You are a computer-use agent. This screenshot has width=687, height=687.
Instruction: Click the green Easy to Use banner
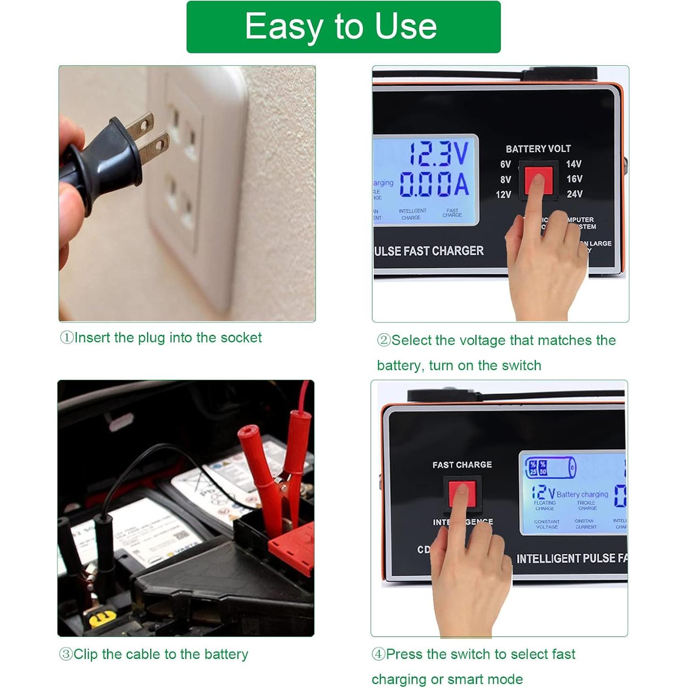click(x=343, y=27)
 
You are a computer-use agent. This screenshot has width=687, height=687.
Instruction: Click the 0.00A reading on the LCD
click(x=434, y=184)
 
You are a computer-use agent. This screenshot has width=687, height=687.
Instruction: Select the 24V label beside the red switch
click(x=574, y=194)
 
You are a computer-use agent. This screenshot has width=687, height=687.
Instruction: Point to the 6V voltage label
click(x=505, y=164)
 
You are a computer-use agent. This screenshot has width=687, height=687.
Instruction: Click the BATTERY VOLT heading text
click(x=538, y=149)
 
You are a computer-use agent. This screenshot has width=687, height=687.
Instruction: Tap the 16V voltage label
click(x=574, y=179)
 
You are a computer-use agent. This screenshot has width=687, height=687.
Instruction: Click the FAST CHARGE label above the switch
click(x=462, y=465)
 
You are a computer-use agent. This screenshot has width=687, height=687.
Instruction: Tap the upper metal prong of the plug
click(x=140, y=124)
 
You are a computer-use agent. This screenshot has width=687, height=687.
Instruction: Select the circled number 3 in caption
click(x=66, y=654)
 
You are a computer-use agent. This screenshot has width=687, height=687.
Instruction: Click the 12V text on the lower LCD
click(x=543, y=493)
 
